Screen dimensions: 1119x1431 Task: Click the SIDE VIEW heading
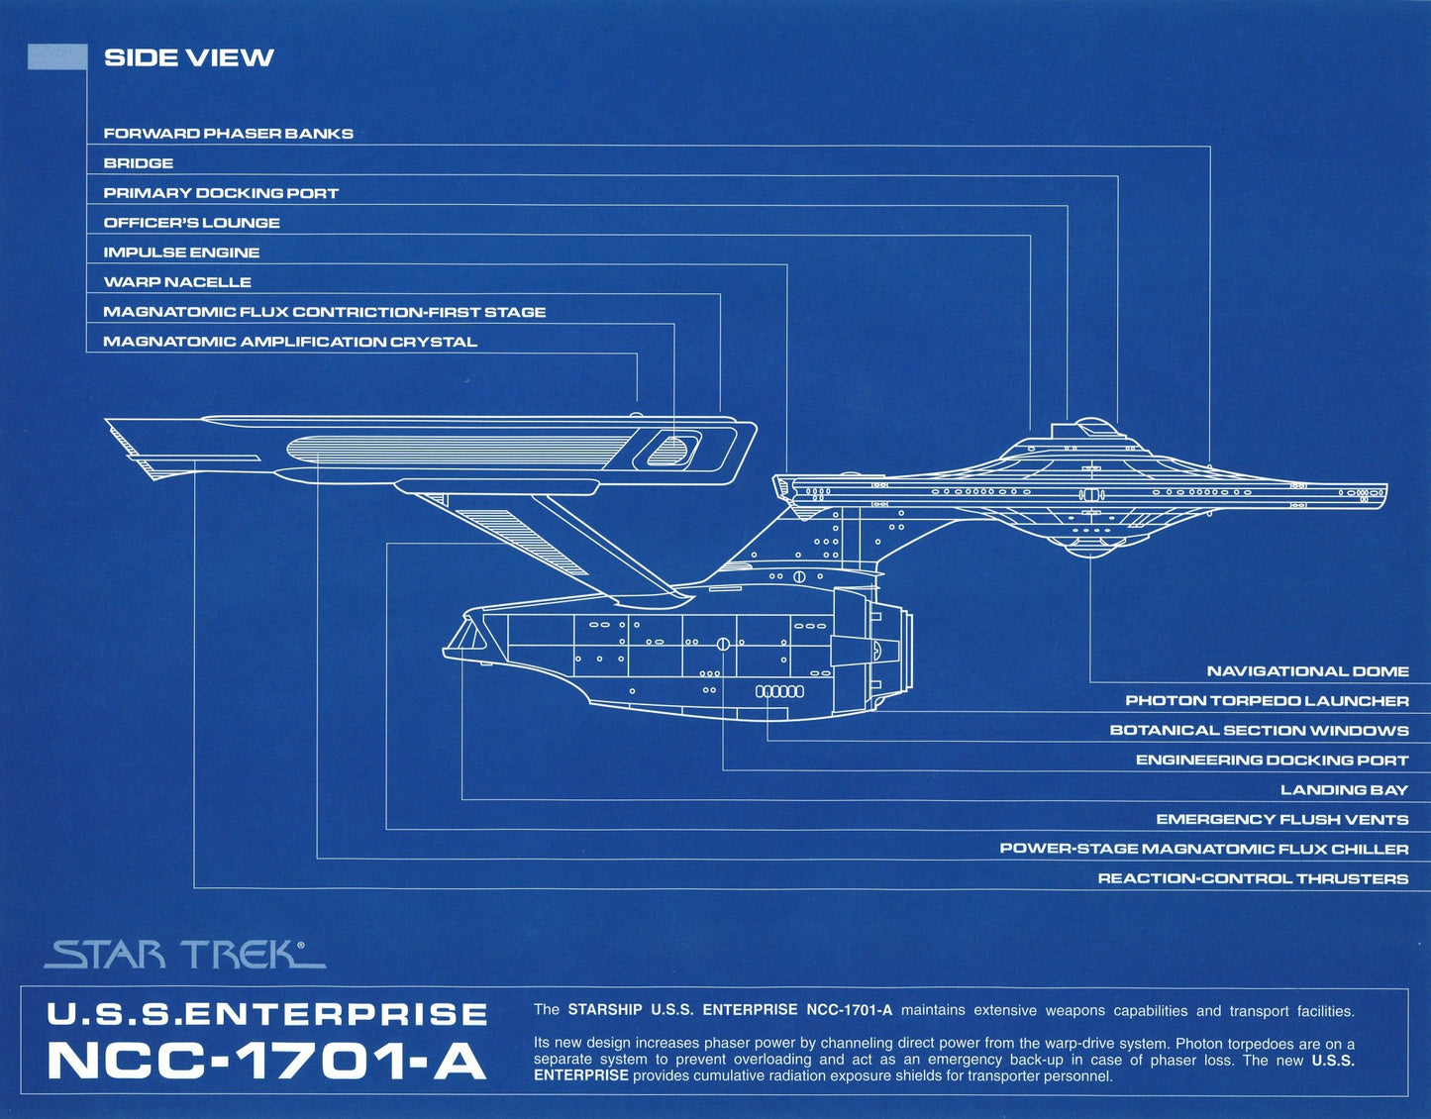pos(188,57)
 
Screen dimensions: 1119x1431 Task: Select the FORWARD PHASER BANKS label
pos(228,134)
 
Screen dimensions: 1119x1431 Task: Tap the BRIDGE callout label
pos(139,163)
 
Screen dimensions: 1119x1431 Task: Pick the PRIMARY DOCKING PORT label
pos(221,193)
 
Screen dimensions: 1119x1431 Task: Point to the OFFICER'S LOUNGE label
pos(191,223)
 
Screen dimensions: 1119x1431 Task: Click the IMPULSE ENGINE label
pos(181,253)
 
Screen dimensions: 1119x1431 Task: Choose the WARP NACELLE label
pos(177,282)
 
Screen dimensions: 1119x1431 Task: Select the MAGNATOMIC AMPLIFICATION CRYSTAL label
pos(290,342)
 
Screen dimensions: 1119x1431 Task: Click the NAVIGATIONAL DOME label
pos(1307,671)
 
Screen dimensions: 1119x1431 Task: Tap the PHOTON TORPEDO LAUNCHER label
pos(1267,701)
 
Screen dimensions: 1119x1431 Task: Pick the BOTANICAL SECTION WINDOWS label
pos(1259,731)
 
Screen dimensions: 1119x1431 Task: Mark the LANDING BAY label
pos(1344,790)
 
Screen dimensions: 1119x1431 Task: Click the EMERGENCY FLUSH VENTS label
pos(1281,820)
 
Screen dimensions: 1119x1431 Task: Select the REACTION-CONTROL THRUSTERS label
pos(1253,879)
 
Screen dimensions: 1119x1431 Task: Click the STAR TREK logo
pos(183,955)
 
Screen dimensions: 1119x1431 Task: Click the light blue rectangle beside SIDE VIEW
pos(57,57)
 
